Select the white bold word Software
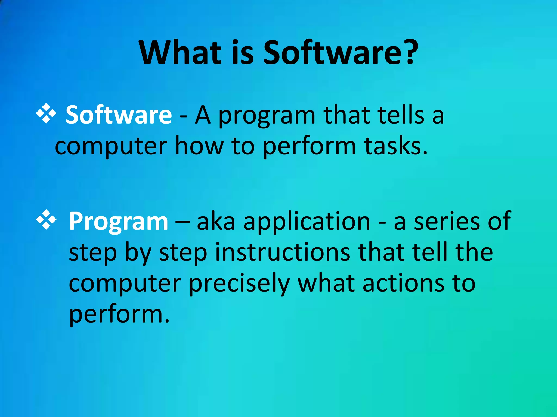(x=119, y=115)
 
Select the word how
(x=199, y=146)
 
